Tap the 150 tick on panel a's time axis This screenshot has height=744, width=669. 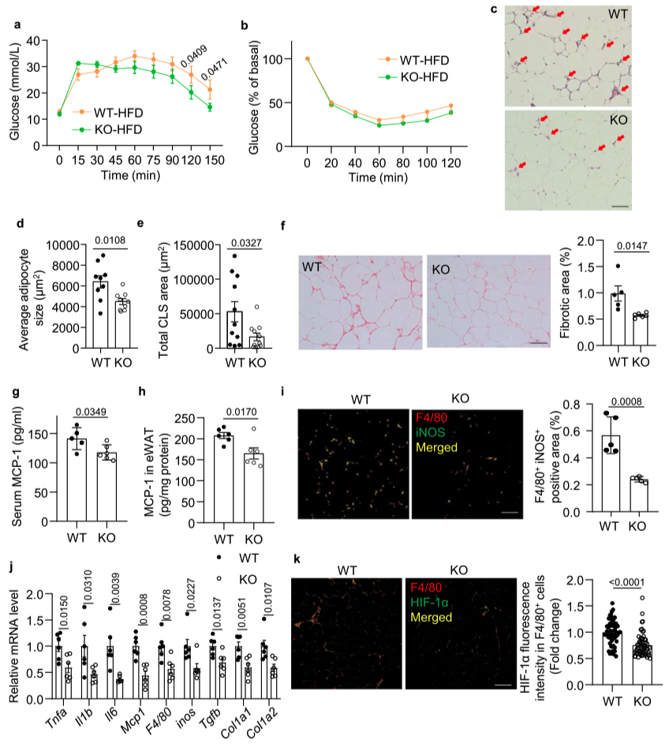click(x=209, y=159)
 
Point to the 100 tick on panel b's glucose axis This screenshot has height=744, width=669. click(x=292, y=59)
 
